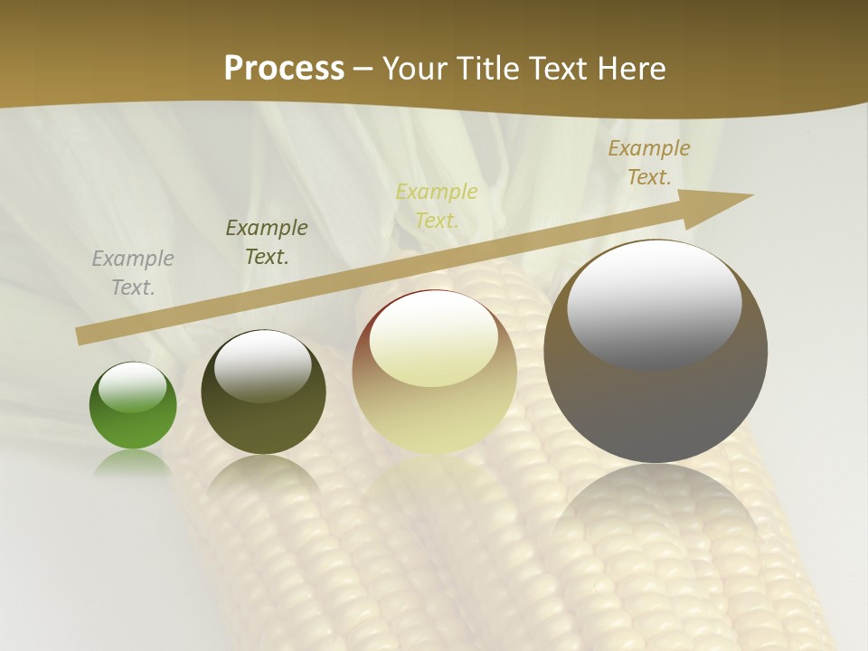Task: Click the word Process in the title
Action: pos(284,68)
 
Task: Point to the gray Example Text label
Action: pos(133,273)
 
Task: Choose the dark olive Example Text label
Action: pos(267,242)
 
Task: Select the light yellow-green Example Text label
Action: pos(437,205)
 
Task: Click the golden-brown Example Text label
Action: pos(649,163)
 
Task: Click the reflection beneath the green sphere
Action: pos(133,463)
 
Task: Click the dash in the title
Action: pos(363,69)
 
